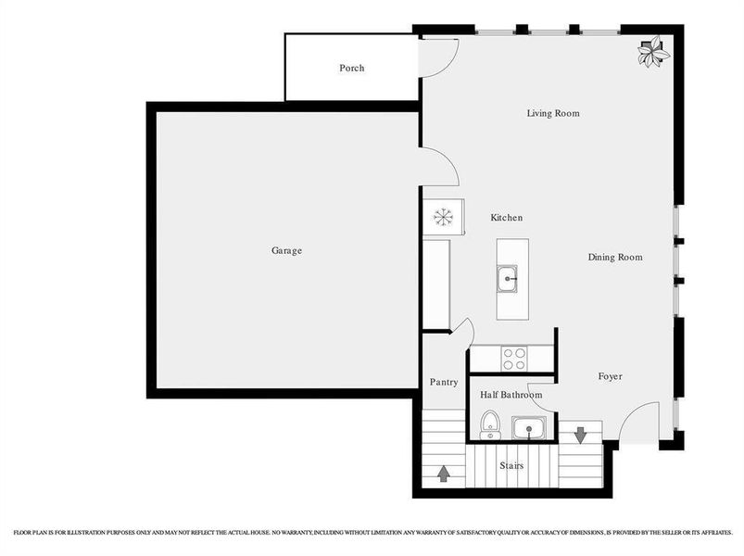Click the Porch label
pos(351,68)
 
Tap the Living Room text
pos(553,113)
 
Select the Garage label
pos(286,250)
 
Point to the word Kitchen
pos(507,217)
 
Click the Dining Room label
pos(615,257)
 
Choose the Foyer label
pos(610,376)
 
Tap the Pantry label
pos(444,382)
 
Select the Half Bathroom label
pos(511,395)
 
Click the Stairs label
pos(511,465)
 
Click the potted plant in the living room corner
pos(654,51)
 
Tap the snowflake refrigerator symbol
pos(444,217)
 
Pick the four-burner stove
pos(513,358)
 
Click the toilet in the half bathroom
pos(490,425)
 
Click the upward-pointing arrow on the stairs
pos(444,474)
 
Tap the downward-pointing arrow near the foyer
pos(580,434)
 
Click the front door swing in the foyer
pos(639,423)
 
